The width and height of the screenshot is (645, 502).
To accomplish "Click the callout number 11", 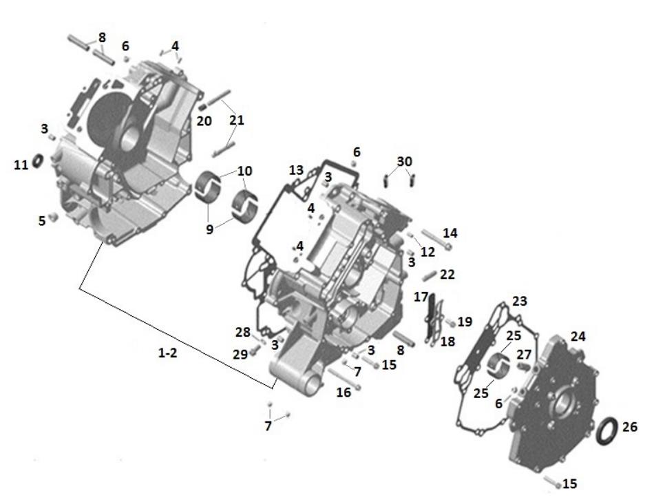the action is coord(21,165).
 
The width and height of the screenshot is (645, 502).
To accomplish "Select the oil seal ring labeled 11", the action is coord(38,161).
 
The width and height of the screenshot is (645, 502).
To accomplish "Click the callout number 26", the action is coord(629,427).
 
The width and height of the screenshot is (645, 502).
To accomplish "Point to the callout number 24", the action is coord(578,337).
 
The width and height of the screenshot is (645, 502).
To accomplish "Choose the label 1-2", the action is coord(167,353).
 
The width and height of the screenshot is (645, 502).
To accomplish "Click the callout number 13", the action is coord(296,170).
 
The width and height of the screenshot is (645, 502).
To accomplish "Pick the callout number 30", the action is coord(404,162).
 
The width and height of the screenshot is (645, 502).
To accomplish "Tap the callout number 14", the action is coord(450,233).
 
